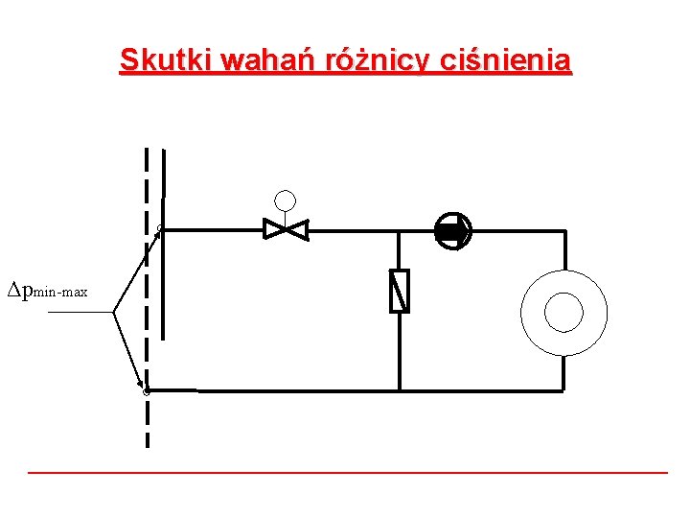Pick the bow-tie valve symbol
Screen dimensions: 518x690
coord(286,230)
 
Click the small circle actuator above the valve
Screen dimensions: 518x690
coord(286,200)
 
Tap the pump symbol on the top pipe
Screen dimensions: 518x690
coord(452,231)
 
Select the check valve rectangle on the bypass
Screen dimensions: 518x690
coord(400,292)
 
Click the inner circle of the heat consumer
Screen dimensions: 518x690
coord(563,312)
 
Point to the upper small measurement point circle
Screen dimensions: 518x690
coord(161,228)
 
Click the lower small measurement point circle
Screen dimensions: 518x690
coord(146,391)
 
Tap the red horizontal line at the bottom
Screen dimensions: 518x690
coord(347,473)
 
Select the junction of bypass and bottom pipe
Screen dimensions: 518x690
coord(400,390)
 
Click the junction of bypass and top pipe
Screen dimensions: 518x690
coord(400,231)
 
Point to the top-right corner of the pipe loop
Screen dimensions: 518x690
coord(564,231)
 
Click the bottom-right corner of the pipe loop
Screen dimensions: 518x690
coord(564,390)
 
